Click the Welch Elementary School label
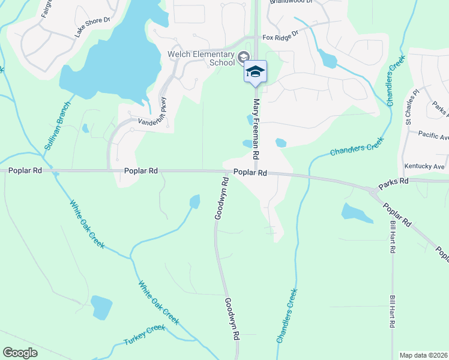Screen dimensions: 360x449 pos(201,57)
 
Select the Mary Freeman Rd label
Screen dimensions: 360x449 pos(256,128)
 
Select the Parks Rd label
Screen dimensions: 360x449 pos(393,181)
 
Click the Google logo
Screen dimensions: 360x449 pos(20,353)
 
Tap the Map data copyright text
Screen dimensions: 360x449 pos(423,355)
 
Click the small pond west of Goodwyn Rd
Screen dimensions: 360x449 pos(194,202)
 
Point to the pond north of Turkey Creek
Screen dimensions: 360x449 pos(101,307)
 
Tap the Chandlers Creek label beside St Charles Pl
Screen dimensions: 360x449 pos(396,82)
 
